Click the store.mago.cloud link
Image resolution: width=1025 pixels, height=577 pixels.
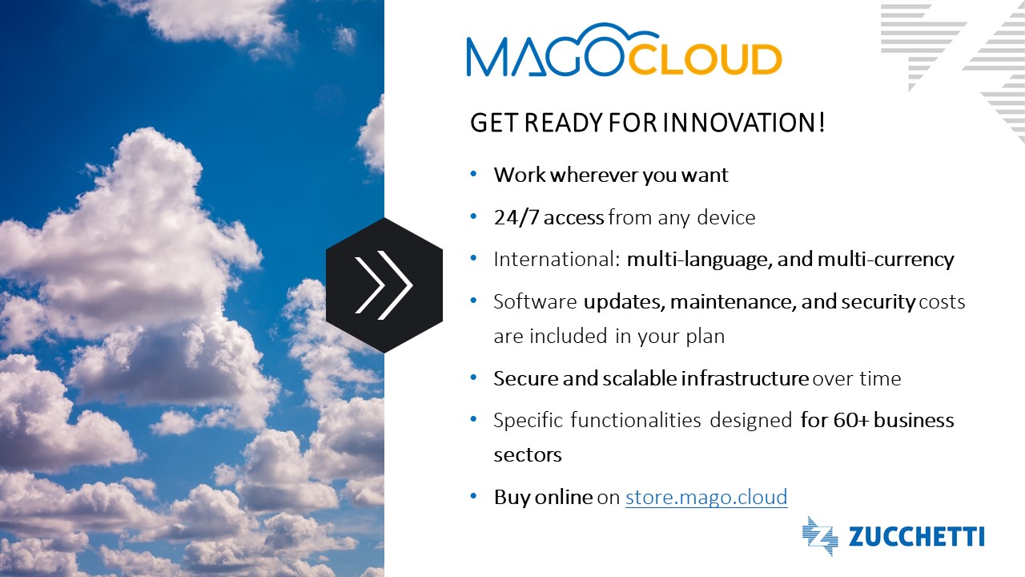(x=706, y=498)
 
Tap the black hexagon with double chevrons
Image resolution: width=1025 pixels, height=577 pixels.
(x=384, y=284)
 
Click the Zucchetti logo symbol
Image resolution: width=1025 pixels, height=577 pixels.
(x=819, y=536)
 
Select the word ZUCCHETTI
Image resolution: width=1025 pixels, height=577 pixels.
(x=916, y=537)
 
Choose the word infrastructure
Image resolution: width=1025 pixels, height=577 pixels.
(x=745, y=379)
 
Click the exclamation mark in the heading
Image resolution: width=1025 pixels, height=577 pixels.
(x=822, y=124)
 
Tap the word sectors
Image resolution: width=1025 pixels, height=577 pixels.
(x=528, y=455)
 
